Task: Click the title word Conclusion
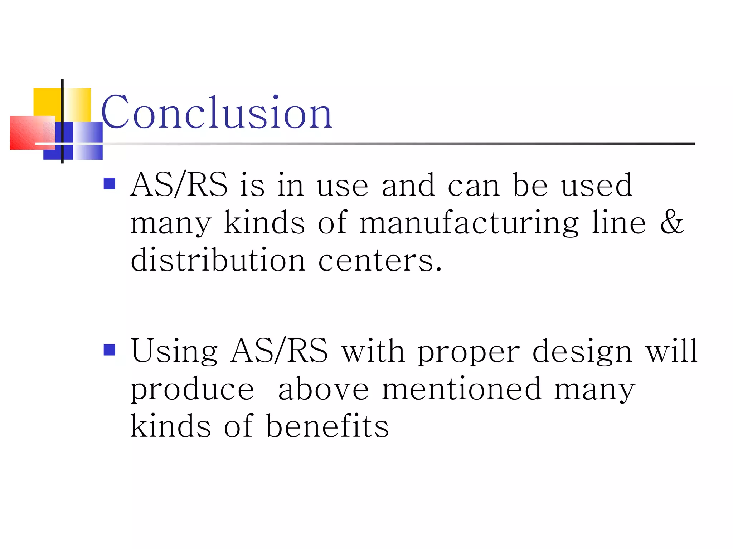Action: (217, 113)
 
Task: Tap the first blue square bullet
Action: (109, 184)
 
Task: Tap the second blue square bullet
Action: (109, 350)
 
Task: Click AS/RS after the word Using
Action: (279, 351)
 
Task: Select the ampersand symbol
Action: (671, 222)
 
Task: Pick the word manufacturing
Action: (469, 223)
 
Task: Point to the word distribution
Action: (218, 260)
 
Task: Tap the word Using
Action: (174, 352)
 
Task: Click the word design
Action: (582, 352)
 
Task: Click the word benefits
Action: (327, 426)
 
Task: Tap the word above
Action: (323, 390)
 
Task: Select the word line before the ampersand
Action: (618, 222)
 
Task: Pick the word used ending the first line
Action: (597, 185)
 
